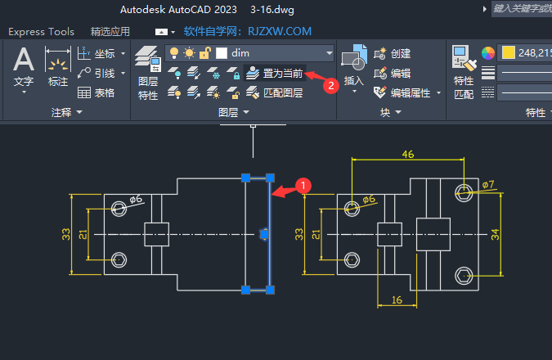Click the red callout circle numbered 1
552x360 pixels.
(x=303, y=186)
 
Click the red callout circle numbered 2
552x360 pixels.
(x=331, y=83)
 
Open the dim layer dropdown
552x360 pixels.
(x=330, y=53)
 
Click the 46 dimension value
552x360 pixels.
(x=409, y=154)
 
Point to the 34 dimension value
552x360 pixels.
(x=495, y=236)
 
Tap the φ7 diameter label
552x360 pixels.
(x=488, y=185)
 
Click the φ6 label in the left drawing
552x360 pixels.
(x=136, y=198)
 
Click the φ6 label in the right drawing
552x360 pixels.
(x=368, y=199)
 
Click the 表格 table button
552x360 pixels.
(x=97, y=92)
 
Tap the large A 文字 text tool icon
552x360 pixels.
(x=24, y=61)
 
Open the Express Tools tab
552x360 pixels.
(x=41, y=32)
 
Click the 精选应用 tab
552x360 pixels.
(x=110, y=32)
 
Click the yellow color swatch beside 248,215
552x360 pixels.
(x=509, y=53)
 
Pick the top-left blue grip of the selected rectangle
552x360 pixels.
(x=245, y=178)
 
